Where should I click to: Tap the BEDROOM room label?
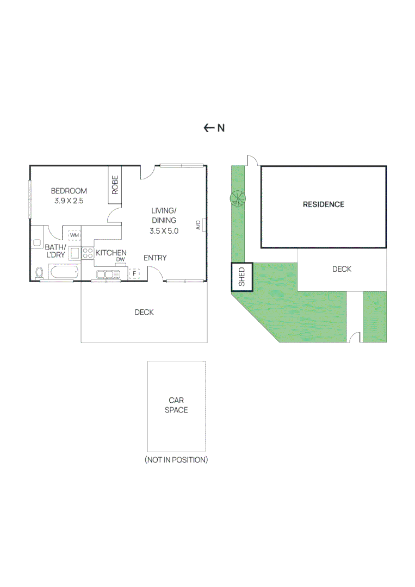[69, 191]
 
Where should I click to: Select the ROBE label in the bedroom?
[115, 185]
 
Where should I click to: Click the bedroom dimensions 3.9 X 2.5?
[69, 201]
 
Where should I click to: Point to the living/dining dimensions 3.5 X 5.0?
[164, 230]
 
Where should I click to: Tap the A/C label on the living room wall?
[199, 224]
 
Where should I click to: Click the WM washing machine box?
[74, 235]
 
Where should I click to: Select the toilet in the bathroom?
[39, 272]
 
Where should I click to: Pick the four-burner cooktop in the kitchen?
[88, 253]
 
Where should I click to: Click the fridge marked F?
[134, 273]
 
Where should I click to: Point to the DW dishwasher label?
[120, 260]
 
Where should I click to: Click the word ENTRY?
[155, 258]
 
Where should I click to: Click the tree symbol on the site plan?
[238, 199]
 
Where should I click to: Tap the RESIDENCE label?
[324, 204]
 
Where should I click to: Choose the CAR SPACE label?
[176, 405]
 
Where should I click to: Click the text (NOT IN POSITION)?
[176, 460]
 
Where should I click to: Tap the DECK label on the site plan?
[342, 269]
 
